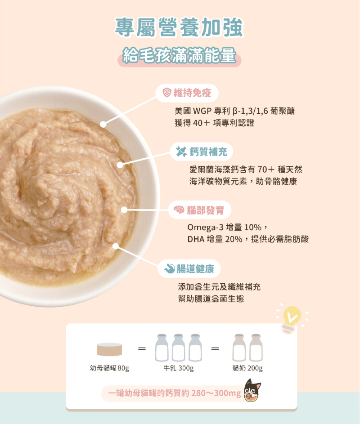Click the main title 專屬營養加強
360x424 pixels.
click(x=179, y=27)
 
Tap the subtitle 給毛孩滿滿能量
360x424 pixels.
click(x=179, y=55)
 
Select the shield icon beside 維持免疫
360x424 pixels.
click(x=167, y=93)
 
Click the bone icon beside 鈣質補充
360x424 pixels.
click(x=181, y=152)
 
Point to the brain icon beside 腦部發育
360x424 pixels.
click(x=179, y=210)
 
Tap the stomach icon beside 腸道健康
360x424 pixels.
click(x=170, y=268)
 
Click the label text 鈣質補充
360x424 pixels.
click(x=208, y=152)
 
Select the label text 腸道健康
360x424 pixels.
click(x=195, y=269)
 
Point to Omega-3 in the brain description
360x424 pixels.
click(x=205, y=228)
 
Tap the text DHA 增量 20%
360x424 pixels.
click(x=215, y=239)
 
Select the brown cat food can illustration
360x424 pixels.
click(x=109, y=349)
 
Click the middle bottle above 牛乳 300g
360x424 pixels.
click(x=178, y=348)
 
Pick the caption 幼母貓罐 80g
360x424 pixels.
click(x=109, y=368)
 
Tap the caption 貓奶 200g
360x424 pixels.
click(x=247, y=368)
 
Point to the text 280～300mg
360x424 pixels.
click(x=216, y=393)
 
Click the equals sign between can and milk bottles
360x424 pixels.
click(x=142, y=348)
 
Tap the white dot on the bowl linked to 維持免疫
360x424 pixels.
click(x=103, y=124)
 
